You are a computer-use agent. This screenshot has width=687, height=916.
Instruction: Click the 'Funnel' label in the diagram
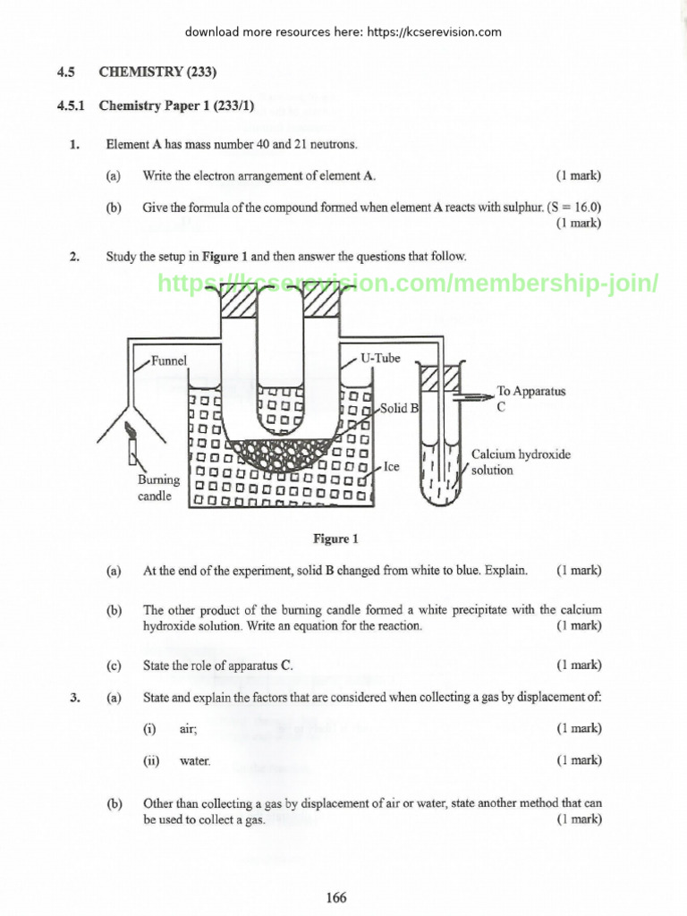169,360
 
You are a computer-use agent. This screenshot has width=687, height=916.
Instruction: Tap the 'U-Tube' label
380,358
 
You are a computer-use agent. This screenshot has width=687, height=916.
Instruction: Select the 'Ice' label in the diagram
392,467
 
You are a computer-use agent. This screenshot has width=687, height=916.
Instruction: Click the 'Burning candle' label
158,488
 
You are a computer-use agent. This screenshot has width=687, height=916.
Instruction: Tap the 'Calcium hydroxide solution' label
521,462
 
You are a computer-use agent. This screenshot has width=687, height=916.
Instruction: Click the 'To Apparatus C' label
530,398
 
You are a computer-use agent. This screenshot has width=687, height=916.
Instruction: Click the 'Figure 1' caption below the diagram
335,539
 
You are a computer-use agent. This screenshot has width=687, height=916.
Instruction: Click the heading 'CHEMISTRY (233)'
157,72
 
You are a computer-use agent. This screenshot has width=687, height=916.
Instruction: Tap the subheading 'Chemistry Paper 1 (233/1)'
176,106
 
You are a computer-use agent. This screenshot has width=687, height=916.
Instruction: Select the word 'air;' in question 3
189,729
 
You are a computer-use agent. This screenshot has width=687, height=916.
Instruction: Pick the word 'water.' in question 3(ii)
196,761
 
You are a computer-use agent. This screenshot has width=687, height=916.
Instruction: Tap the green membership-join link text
408,284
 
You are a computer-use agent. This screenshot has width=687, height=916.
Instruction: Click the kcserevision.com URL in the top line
434,32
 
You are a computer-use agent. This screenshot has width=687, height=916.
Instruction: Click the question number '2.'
75,257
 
